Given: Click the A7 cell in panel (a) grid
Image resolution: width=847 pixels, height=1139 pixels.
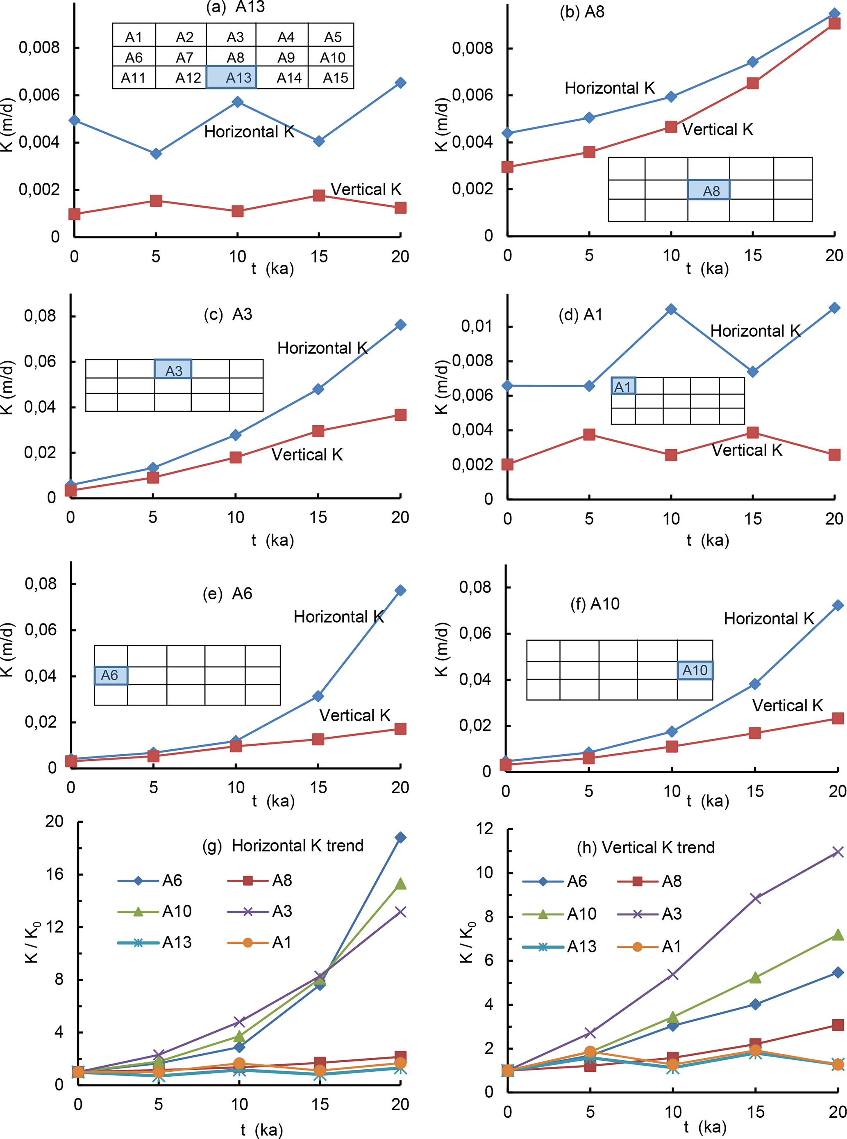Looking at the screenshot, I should click(x=184, y=57).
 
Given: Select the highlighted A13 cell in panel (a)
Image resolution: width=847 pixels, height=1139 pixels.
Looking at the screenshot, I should click(x=231, y=77).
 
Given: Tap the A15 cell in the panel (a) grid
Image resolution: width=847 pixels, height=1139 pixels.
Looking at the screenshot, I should click(x=335, y=78).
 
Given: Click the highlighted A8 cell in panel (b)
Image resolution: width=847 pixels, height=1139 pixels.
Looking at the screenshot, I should click(x=708, y=190).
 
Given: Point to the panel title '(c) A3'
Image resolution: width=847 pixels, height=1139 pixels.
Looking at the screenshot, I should click(x=228, y=314).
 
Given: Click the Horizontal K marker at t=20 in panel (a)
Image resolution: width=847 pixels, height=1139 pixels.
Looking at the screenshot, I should click(x=400, y=82).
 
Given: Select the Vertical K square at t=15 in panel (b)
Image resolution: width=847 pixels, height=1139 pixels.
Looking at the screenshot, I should click(x=752, y=83).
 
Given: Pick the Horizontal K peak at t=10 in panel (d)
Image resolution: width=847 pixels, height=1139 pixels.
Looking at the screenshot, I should click(x=671, y=309).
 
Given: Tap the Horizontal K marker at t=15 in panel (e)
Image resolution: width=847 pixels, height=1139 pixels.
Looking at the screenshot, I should click(x=318, y=696).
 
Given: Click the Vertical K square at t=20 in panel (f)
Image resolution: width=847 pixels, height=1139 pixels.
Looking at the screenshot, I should click(x=838, y=718).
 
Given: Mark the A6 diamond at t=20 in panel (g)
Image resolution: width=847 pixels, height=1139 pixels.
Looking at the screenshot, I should click(x=400, y=837).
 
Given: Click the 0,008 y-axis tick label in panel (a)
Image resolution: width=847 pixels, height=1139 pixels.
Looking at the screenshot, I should click(x=39, y=48).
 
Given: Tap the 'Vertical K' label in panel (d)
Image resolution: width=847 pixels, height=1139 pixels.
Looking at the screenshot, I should click(x=747, y=450).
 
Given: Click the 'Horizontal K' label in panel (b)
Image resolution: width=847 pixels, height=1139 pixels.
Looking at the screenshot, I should click(x=610, y=88).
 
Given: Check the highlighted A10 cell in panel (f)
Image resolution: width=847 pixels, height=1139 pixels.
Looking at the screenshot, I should click(x=695, y=670).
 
